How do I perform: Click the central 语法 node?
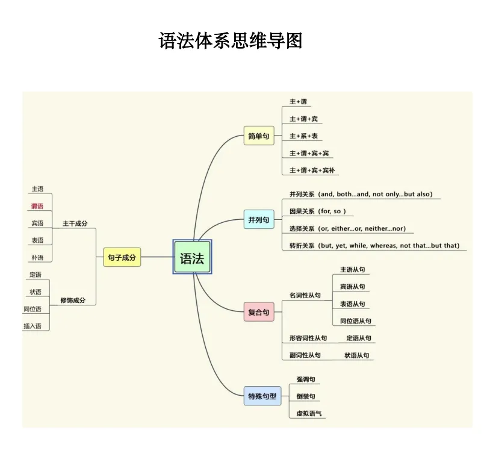point(192,258)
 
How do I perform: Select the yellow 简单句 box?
point(258,136)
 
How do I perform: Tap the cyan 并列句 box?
point(258,220)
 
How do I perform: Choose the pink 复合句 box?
point(258,312)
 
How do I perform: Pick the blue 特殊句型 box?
point(262,396)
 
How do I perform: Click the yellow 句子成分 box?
point(122,257)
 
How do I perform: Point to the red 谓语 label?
point(37,206)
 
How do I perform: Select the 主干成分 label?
point(75,223)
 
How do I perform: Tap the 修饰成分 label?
point(73,300)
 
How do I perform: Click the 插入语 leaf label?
point(33,326)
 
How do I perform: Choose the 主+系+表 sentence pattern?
point(303,136)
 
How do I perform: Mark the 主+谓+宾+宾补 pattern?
point(311,170)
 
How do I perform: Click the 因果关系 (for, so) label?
point(317,211)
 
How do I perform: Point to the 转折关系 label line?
point(374,246)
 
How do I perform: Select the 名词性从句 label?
point(305,295)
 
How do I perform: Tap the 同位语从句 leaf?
point(355,321)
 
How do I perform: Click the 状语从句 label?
point(357,355)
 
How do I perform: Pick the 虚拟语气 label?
point(309,414)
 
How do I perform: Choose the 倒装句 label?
point(305,396)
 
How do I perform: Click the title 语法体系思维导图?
point(231,41)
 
